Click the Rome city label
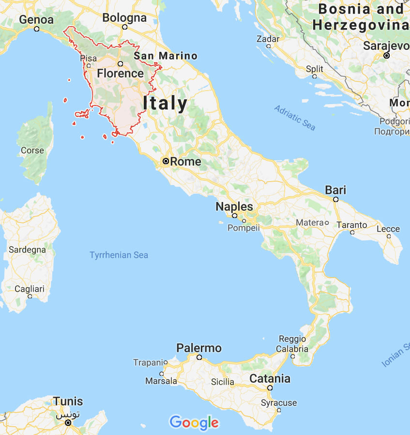point(186,162)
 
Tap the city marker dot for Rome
point(166,161)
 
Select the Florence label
point(120,74)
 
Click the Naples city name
point(234,206)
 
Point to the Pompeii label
point(243,228)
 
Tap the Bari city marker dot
point(335,199)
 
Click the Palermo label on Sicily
point(199,348)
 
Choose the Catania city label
point(270,378)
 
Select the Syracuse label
point(279,403)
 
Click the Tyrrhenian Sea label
point(119,255)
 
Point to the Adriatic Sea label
point(295,118)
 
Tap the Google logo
point(194,422)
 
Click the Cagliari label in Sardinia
point(29,289)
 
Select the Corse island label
point(32,150)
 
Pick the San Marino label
point(166,56)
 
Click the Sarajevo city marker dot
point(386,56)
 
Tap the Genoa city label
point(36,20)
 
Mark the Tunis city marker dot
point(68,422)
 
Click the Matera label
point(310,222)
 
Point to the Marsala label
point(161,381)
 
